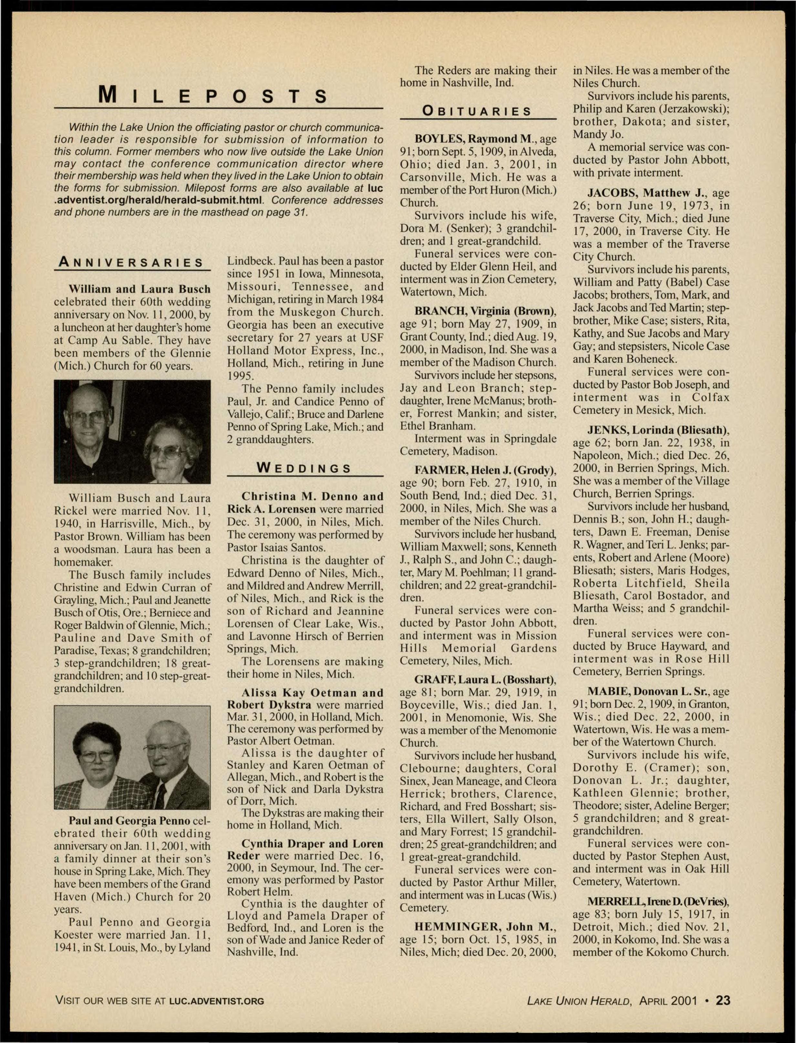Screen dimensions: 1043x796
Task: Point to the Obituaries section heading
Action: pyautogui.click(x=477, y=111)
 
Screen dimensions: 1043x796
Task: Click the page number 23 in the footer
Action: pyautogui.click(x=723, y=1000)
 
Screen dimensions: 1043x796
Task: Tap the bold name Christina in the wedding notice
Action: pyautogui.click(x=269, y=496)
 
